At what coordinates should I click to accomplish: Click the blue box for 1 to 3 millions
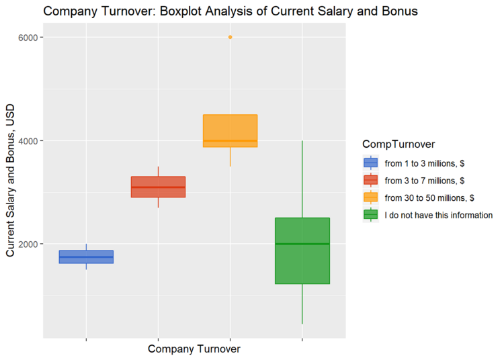[x=86, y=257]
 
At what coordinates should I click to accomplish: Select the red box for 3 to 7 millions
[x=158, y=187]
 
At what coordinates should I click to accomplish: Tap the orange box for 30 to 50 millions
[x=230, y=130]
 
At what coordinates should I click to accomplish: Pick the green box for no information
[x=302, y=251]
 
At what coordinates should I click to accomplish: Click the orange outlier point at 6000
[x=230, y=37]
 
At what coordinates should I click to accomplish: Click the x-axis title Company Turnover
[x=194, y=349]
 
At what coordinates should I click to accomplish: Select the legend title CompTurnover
[x=398, y=144]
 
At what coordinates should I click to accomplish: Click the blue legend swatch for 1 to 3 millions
[x=370, y=163]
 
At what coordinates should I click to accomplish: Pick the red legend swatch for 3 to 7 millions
[x=370, y=180]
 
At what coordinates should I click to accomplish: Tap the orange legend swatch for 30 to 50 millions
[x=370, y=197]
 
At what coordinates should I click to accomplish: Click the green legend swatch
[x=370, y=215]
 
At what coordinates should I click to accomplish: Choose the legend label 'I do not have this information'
[x=438, y=215]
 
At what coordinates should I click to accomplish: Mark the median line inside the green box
[x=302, y=244]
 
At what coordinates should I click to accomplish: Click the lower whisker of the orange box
[x=230, y=156]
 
